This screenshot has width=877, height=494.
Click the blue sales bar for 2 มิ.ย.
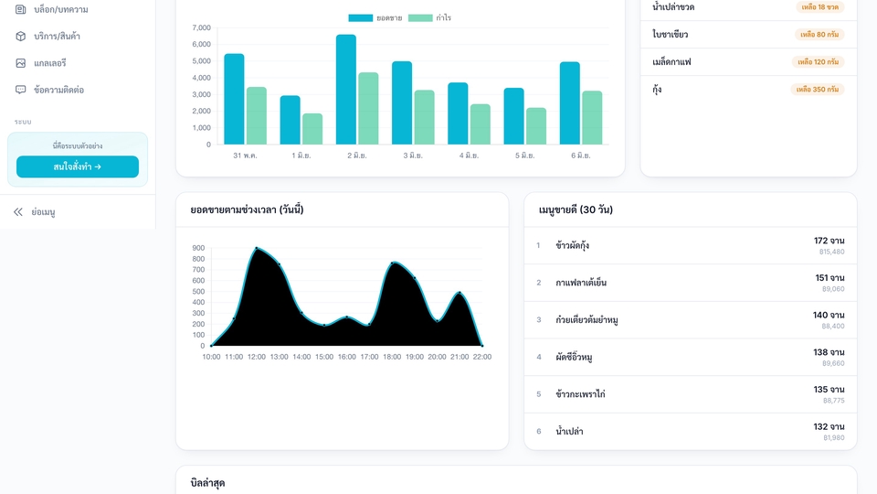(x=345, y=90)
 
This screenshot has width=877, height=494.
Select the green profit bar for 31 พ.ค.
(x=256, y=116)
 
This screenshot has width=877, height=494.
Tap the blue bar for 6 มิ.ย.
(x=569, y=103)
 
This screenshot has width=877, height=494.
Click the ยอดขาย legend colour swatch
(x=360, y=18)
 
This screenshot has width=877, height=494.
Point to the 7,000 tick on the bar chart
(x=201, y=27)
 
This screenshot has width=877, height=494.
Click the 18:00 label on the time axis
(x=392, y=357)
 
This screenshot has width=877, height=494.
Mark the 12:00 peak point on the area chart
(x=257, y=248)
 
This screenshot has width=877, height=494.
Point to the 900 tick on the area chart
(x=198, y=248)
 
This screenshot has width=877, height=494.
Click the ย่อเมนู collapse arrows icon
(x=18, y=211)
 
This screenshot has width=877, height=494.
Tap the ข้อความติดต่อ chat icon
(x=21, y=90)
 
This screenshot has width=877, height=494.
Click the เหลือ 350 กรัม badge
(x=817, y=90)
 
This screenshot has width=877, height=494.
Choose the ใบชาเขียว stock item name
(x=670, y=34)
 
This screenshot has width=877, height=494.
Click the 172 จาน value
(x=829, y=241)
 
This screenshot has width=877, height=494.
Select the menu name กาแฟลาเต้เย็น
(x=581, y=283)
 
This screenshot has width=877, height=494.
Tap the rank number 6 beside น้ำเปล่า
(x=539, y=431)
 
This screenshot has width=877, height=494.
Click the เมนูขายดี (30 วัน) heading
(x=576, y=210)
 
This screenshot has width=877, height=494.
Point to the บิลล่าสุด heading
(x=207, y=483)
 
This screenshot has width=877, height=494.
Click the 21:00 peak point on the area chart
(x=460, y=293)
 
